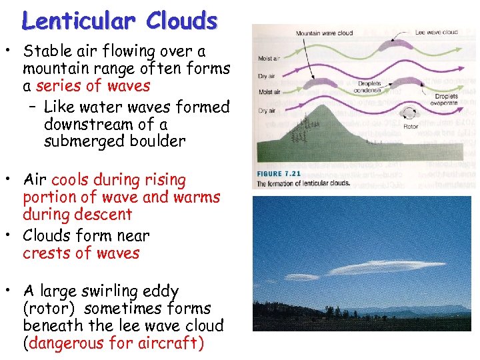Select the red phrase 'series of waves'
[93, 86]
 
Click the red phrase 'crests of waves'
[81, 253]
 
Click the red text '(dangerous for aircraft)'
[113, 343]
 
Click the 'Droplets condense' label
[367, 87]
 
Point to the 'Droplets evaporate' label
[445, 99]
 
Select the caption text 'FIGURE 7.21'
[279, 174]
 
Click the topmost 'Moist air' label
[268, 59]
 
